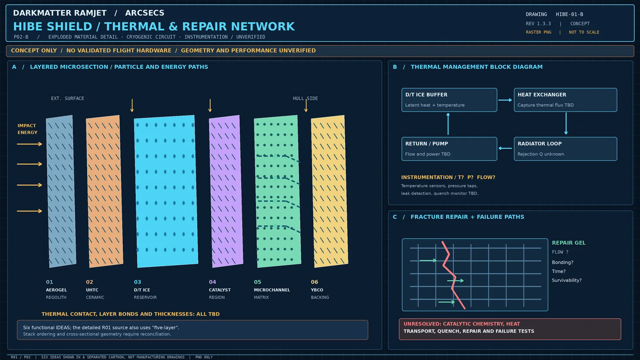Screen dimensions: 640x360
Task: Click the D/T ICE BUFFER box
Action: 449,100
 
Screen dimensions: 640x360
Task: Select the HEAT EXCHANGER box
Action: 566,100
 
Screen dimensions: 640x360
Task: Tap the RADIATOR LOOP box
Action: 566,149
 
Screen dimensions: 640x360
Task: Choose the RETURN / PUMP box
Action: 449,149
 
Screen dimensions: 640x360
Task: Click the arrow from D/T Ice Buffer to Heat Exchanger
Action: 505,100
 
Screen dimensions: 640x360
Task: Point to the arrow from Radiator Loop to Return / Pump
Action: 505,148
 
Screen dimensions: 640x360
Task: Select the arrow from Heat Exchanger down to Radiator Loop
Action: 566,124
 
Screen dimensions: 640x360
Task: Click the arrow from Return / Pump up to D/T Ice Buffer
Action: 448,124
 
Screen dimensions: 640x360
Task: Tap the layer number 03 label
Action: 138,282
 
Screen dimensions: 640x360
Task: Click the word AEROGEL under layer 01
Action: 56,290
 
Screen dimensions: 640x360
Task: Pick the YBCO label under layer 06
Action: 317,290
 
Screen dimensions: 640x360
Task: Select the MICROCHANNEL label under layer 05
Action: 272,290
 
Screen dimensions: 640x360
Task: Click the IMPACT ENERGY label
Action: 28,129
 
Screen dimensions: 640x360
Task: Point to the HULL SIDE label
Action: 305,98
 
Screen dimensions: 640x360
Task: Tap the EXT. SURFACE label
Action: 68,98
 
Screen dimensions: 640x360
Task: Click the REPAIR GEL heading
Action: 568,242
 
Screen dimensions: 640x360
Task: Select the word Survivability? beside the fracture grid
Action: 566,280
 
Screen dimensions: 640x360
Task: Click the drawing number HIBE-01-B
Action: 570,14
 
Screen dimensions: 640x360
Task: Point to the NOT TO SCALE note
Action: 584,32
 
